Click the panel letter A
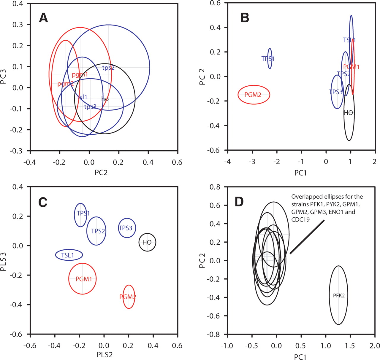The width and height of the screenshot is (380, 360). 43,18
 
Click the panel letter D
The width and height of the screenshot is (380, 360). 239,202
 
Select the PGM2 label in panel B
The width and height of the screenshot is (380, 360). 253,95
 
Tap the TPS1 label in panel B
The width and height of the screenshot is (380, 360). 268,59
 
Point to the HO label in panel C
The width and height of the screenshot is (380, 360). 147,242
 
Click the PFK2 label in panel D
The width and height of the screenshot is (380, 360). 339,295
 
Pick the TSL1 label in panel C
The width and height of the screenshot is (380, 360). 68,255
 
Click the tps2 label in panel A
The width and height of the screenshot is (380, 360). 108,68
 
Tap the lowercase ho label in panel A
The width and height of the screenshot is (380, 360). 105,99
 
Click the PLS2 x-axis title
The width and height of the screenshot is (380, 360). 105,355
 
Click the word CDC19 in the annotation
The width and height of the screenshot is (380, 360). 300,220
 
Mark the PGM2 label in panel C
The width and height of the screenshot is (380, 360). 128,297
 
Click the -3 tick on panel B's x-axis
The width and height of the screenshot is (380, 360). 252,161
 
